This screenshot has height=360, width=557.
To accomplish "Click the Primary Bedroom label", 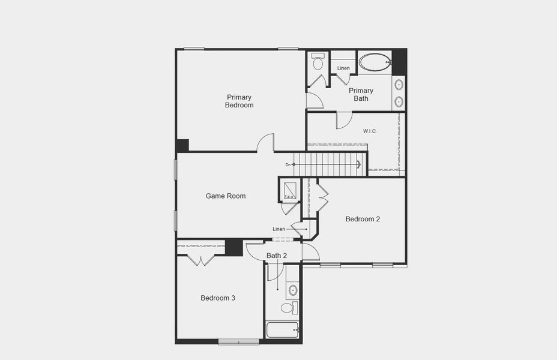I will coord(239,101).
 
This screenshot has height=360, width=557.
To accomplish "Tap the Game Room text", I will coord(225,196).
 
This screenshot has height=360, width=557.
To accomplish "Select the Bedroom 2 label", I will coord(363,219).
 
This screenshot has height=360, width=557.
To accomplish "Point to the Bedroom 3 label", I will coord(218,298).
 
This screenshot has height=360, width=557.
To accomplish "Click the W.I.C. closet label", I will coord(370,131).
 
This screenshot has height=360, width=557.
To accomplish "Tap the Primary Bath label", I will coord(361,94).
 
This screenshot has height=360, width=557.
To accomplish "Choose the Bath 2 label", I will coord(277,256).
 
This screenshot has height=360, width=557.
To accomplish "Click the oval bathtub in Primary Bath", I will coord(375,62).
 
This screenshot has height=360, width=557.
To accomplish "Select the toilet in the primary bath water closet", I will coord(318,62).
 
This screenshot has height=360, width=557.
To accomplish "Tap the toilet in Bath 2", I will coord(288,308).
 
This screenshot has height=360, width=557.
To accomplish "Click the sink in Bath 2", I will coord(293,290).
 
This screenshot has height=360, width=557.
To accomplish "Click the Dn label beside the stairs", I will coord(288,164).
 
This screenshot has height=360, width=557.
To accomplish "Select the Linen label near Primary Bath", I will coord(343,68).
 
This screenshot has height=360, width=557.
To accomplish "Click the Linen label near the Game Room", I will coord(278,229).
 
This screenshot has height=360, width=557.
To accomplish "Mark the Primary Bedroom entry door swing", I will coord(266,143).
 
